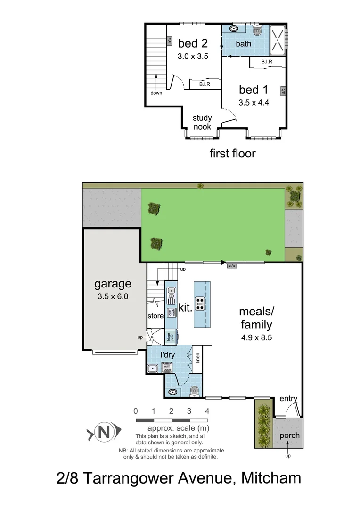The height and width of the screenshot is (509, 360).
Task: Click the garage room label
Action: click(113, 284)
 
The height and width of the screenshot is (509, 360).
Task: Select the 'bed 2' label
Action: click(193, 44)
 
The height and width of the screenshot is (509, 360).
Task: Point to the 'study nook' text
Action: click(203, 122)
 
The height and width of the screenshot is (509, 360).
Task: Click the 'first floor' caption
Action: click(232, 153)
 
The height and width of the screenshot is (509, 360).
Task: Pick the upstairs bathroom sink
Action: click(234, 29)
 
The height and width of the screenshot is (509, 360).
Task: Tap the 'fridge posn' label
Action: click(169, 337)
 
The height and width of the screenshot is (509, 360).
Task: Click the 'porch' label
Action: click(289, 435)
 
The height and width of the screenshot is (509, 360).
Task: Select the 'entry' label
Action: click(288, 399)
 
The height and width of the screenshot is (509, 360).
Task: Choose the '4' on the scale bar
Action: click(207, 410)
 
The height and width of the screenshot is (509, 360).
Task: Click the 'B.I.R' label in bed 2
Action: click(205, 84)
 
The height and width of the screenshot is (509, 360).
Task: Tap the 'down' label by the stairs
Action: click(156, 93)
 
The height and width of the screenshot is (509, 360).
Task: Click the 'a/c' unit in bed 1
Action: click(283, 91)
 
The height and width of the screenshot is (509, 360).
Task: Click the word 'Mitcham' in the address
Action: click(271, 478)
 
